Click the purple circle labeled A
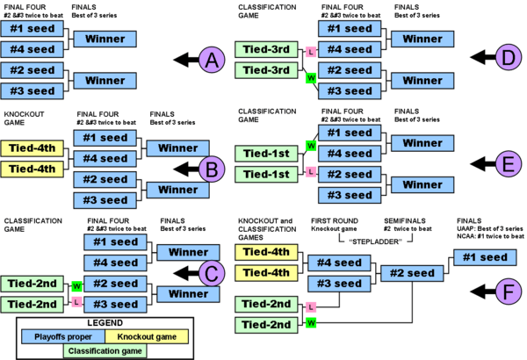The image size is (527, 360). pyautogui.click(x=212, y=60)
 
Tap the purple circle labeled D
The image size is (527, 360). pyautogui.click(x=508, y=59)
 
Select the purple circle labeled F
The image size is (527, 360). pyautogui.click(x=508, y=292)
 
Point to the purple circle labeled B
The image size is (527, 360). pyautogui.click(x=212, y=169)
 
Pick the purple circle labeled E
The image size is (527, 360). pyautogui.click(x=508, y=164)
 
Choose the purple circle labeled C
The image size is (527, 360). pyautogui.click(x=212, y=273)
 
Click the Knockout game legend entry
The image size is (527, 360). pyautogui.click(x=146, y=336)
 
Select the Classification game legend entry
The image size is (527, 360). pyautogui.click(x=105, y=351)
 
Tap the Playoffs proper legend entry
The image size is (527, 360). pyautogui.click(x=63, y=336)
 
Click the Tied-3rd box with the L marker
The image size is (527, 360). pyautogui.click(x=266, y=49)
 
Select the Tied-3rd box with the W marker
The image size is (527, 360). pyautogui.click(x=266, y=70)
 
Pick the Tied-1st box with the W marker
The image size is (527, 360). pyautogui.click(x=266, y=154)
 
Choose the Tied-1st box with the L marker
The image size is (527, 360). pyautogui.click(x=266, y=175)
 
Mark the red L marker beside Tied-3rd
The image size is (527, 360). pyautogui.click(x=310, y=52)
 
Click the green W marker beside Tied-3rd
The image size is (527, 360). pyautogui.click(x=310, y=78)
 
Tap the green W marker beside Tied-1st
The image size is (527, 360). pyautogui.click(x=310, y=145)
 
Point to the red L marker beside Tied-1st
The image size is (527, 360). pyautogui.click(x=310, y=171)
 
